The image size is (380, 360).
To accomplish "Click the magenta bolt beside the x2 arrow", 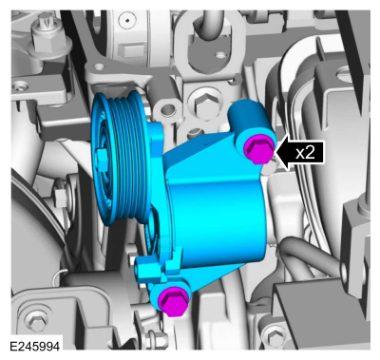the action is coord(259,148).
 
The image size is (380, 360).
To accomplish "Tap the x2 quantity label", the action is coord(305,153).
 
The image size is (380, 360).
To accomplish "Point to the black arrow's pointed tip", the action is coord(275,152).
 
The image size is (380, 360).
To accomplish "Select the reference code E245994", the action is coord(35,346).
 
